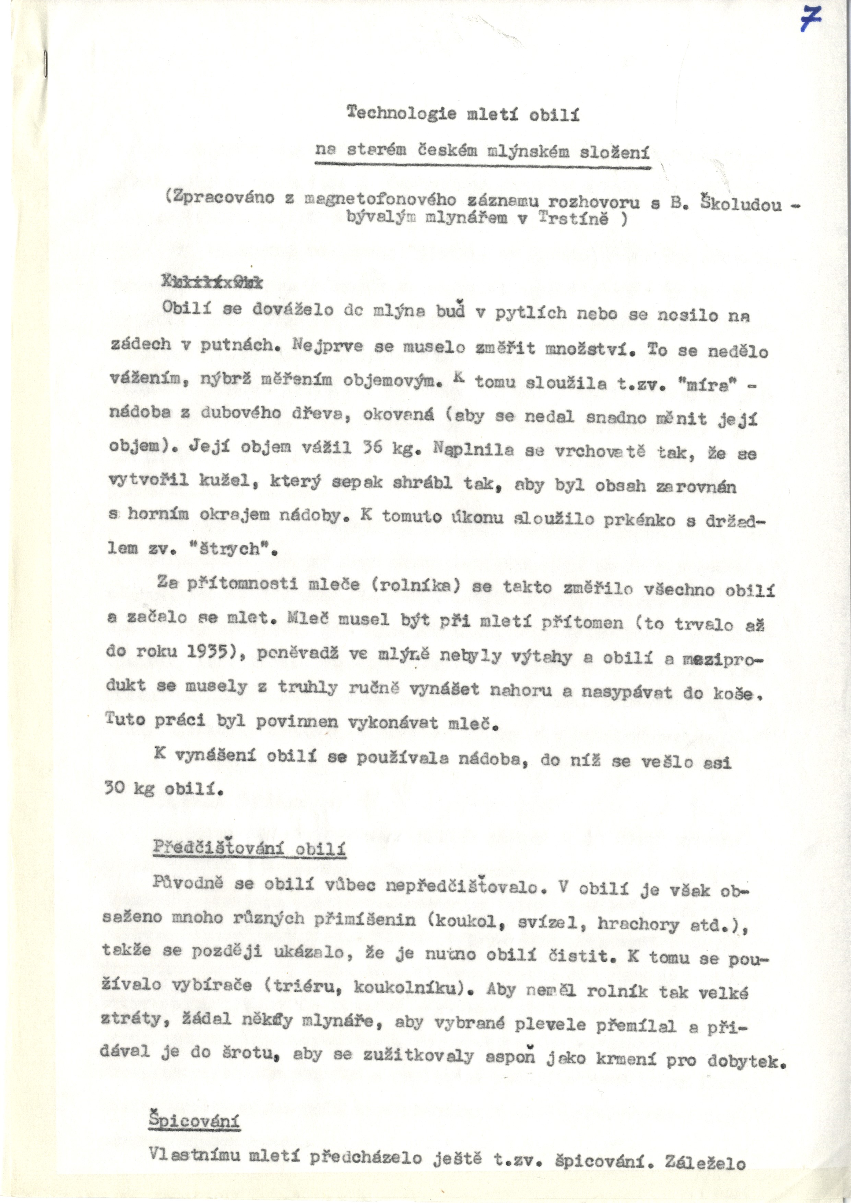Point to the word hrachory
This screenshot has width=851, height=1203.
point(638,924)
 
